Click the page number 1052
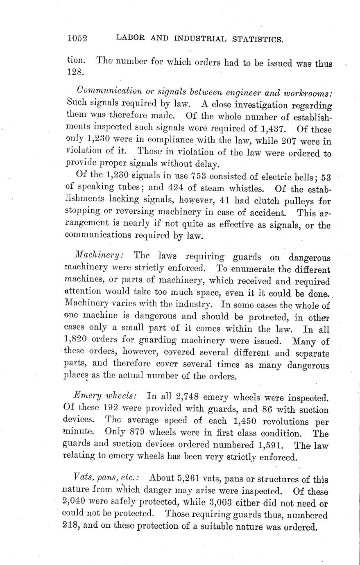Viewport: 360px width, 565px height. [x=77, y=38]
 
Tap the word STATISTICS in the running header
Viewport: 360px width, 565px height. [x=258, y=39]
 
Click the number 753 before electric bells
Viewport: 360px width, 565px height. [x=202, y=177]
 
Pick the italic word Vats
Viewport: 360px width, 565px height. [x=81, y=477]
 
